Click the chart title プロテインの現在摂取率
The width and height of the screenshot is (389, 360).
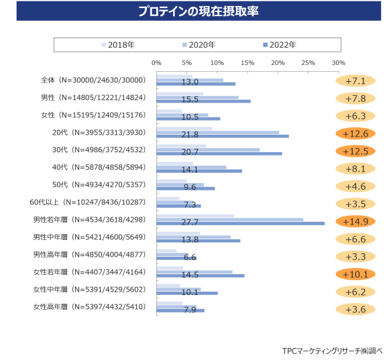pos(194,12)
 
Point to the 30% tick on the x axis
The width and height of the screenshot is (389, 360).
pos(338,63)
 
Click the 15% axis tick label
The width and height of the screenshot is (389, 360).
pos(247,63)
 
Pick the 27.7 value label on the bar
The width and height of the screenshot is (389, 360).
pos(191,222)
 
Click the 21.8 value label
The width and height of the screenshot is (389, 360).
pos(191,134)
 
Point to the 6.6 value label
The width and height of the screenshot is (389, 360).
pos(190,257)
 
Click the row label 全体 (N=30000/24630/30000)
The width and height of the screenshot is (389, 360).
pos(92,80)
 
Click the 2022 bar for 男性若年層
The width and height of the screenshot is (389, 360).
pos(268,223)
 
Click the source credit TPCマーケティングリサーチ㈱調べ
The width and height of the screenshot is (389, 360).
pos(331,350)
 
